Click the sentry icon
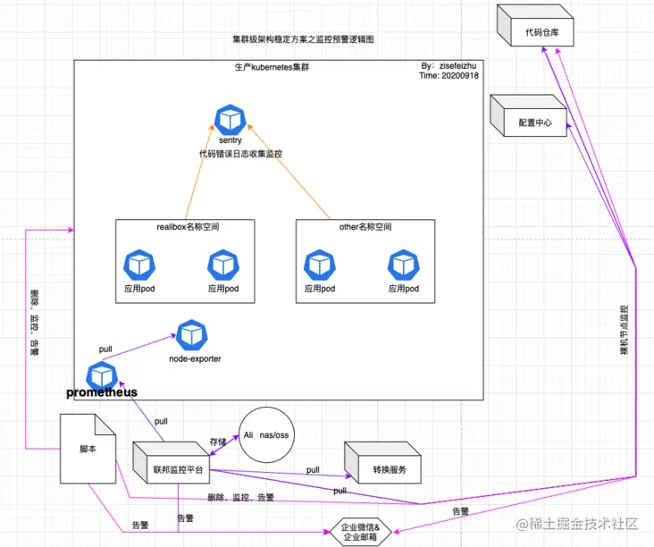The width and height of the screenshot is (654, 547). [231, 120]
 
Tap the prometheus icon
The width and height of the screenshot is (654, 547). [102, 375]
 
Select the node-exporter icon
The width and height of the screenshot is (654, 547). [191, 336]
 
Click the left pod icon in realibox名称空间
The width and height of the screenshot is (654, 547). [139, 265]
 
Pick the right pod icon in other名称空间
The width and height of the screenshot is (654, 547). [403, 265]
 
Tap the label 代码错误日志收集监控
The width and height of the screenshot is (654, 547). [240, 154]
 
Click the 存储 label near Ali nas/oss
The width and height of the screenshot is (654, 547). [217, 441]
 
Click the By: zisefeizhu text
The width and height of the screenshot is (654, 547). [452, 66]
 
